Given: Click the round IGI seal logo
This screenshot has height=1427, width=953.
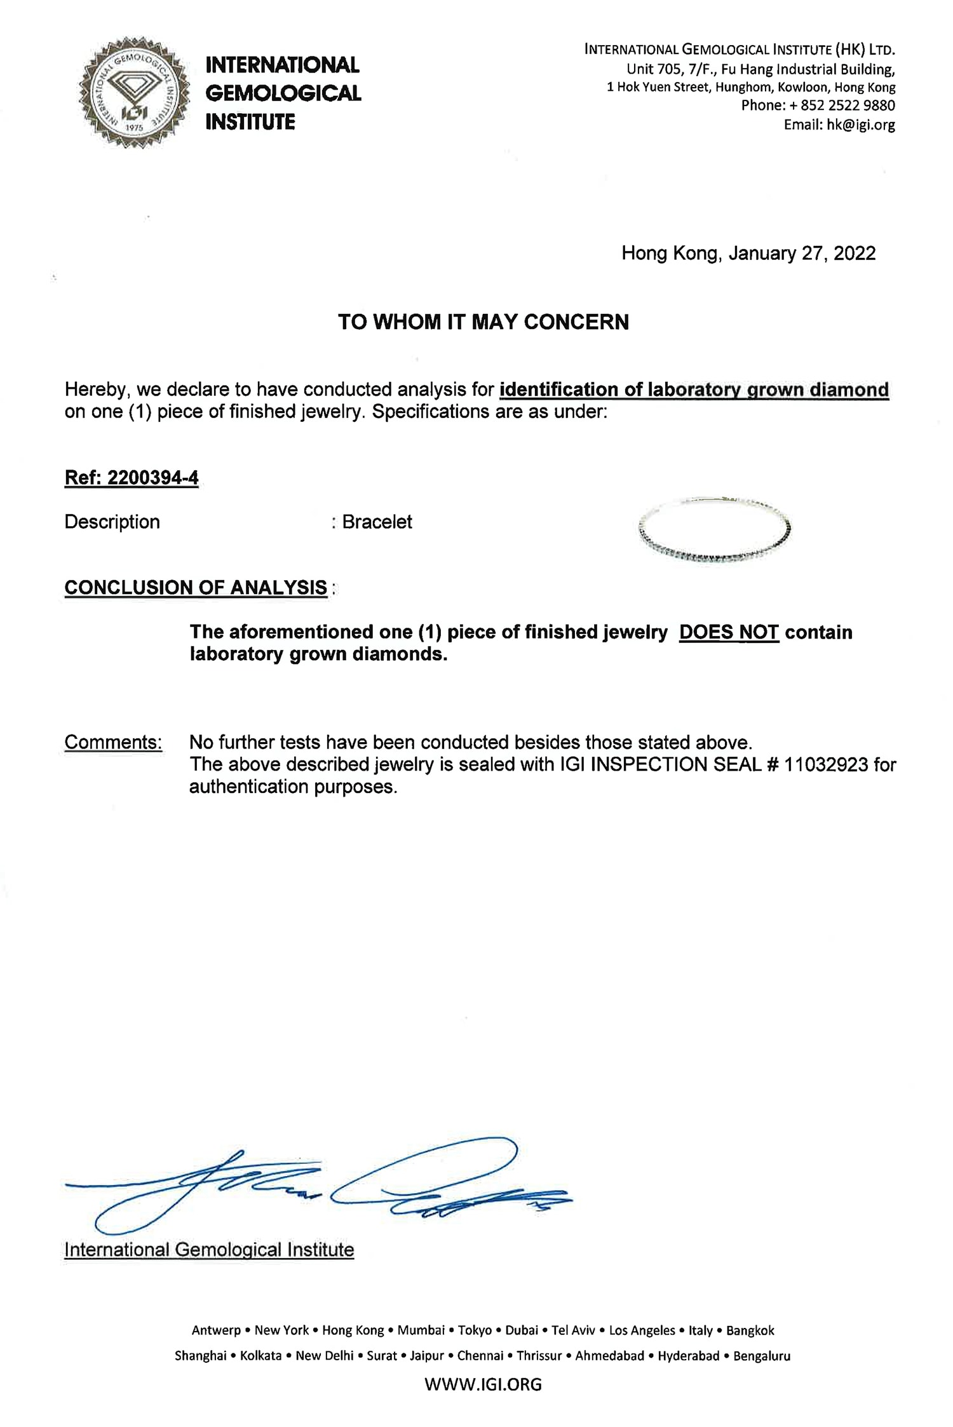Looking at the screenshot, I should [134, 93].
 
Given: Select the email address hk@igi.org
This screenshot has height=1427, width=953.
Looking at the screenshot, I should [861, 125].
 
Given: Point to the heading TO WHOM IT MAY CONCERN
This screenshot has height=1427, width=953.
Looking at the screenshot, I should [483, 322].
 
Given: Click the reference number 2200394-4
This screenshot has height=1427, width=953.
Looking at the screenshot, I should [152, 478].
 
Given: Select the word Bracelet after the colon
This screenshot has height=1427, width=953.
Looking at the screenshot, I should [377, 522].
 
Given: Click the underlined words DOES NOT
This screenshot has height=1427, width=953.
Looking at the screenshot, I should [729, 632].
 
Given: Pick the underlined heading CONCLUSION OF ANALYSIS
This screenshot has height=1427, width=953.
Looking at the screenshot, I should [196, 588].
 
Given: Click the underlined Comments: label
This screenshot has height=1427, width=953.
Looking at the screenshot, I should [113, 742].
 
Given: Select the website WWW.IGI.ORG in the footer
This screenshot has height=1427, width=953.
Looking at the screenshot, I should [483, 1384].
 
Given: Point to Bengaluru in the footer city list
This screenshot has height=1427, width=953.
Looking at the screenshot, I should [762, 1356].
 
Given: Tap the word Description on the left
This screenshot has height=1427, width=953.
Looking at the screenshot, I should [112, 522].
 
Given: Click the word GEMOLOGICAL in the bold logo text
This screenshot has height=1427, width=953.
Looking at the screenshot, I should [283, 93].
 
